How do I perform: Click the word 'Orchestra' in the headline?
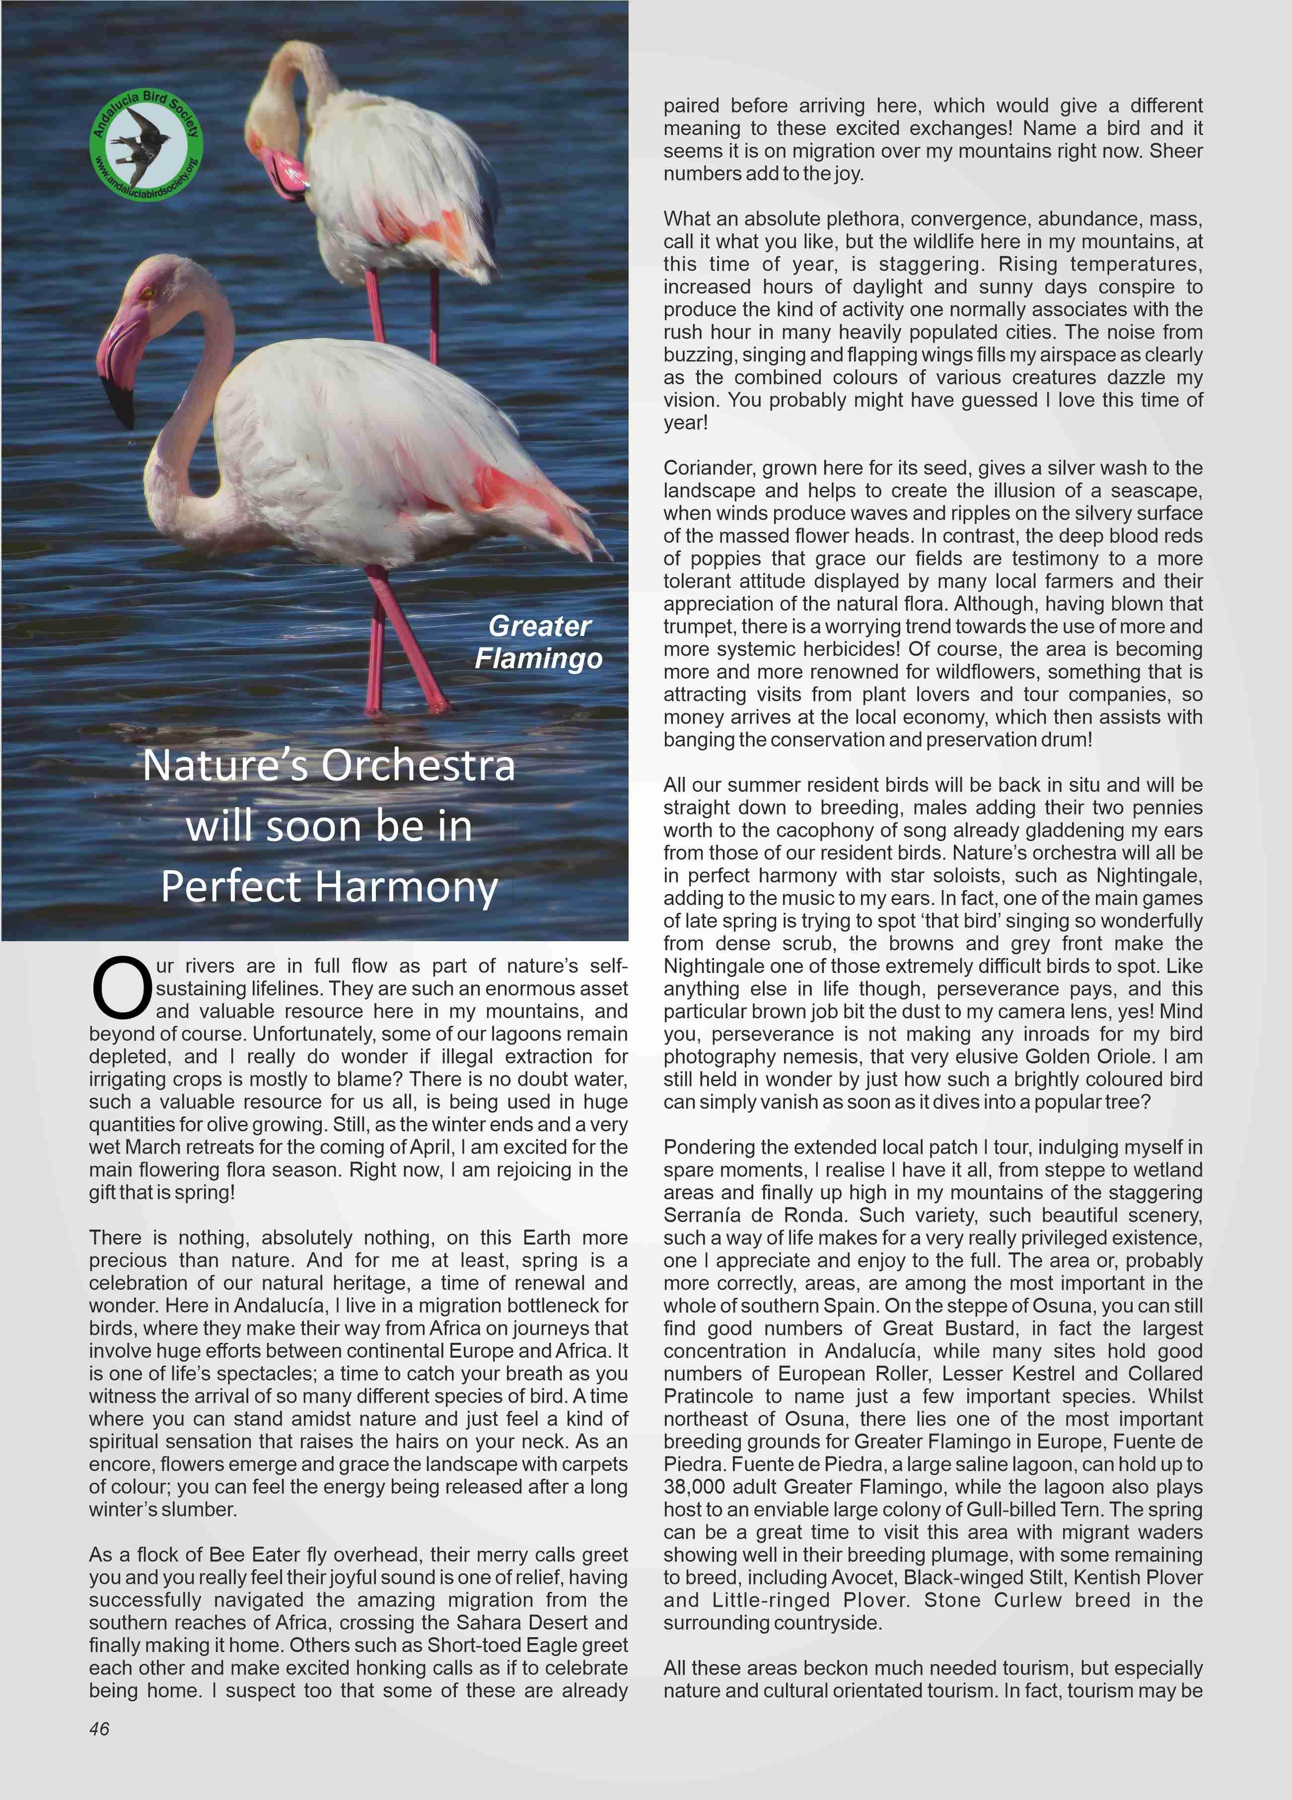click(418, 766)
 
